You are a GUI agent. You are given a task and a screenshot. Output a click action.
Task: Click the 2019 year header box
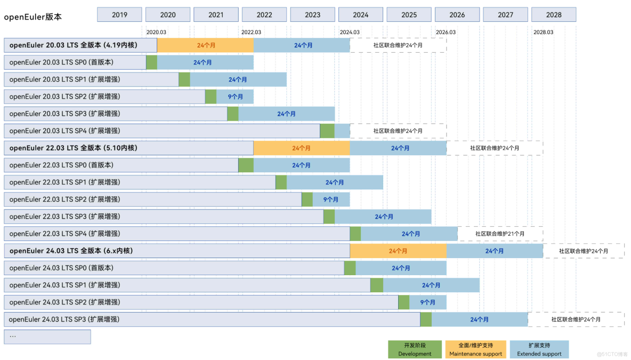[x=119, y=15]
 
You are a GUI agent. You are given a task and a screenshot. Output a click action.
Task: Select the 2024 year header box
[x=361, y=15]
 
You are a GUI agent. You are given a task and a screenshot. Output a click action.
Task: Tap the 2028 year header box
[x=554, y=15]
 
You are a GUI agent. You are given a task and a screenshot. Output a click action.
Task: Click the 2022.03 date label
[x=251, y=32]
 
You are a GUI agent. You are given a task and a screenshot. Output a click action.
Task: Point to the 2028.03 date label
[x=543, y=32]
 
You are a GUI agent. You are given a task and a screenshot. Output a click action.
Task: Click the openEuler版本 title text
[x=33, y=17]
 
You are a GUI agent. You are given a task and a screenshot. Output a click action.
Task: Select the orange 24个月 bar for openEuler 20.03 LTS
[x=206, y=45]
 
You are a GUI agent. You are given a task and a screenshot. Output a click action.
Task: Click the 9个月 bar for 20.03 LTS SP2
[x=235, y=97]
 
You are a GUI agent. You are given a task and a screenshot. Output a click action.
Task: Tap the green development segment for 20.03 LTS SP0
[x=152, y=62]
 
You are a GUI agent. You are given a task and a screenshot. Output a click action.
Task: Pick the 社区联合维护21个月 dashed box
[x=500, y=234]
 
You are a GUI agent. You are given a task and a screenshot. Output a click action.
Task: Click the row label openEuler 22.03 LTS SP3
[x=64, y=217]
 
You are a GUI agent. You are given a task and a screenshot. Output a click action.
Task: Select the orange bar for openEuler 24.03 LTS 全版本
[x=398, y=251]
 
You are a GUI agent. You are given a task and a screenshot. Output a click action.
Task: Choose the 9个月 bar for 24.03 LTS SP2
[x=428, y=302]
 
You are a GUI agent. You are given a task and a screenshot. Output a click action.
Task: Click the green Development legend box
[x=415, y=349]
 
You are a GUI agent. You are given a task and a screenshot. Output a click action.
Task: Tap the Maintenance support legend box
[x=475, y=349]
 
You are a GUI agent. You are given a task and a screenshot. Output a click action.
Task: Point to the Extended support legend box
[x=539, y=349]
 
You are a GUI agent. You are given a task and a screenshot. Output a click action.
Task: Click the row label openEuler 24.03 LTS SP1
[x=64, y=285]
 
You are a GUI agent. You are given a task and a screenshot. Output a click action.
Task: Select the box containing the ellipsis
[x=47, y=337]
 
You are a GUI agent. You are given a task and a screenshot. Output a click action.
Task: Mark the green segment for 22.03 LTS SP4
[x=355, y=234]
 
